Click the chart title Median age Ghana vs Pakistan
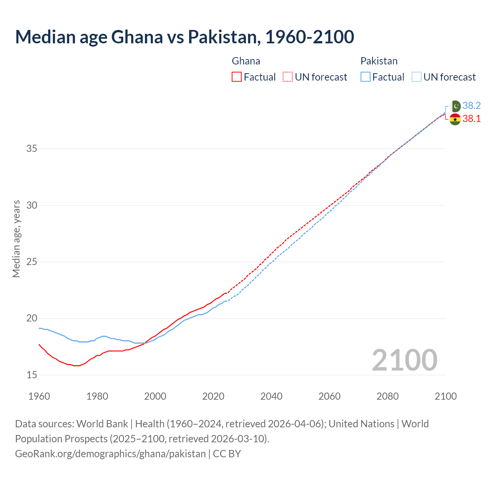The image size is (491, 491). [x=184, y=37]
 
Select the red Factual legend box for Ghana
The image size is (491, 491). [x=237, y=77]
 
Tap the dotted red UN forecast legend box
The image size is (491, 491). [x=288, y=77]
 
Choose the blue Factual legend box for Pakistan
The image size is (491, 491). [x=366, y=77]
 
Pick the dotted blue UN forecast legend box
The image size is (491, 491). [x=416, y=77]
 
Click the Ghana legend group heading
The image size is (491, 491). [x=246, y=61]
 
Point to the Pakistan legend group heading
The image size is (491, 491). [x=379, y=61]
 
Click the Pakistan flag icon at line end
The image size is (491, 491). [x=455, y=106]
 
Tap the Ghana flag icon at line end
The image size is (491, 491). [x=455, y=119]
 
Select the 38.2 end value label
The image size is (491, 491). [x=471, y=106]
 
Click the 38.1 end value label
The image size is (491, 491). [x=471, y=119]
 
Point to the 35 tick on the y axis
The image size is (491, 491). [x=31, y=148]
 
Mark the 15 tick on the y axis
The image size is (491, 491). [x=31, y=375]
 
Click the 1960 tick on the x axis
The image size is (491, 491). [x=39, y=396]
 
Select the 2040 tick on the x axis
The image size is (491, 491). [x=271, y=396]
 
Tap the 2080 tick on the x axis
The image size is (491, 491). [x=387, y=396]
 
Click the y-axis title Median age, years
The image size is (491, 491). [x=16, y=239]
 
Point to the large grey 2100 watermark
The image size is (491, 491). [x=404, y=360]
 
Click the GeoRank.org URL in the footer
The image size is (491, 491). [x=110, y=454]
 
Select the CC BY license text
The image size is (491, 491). [x=227, y=454]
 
